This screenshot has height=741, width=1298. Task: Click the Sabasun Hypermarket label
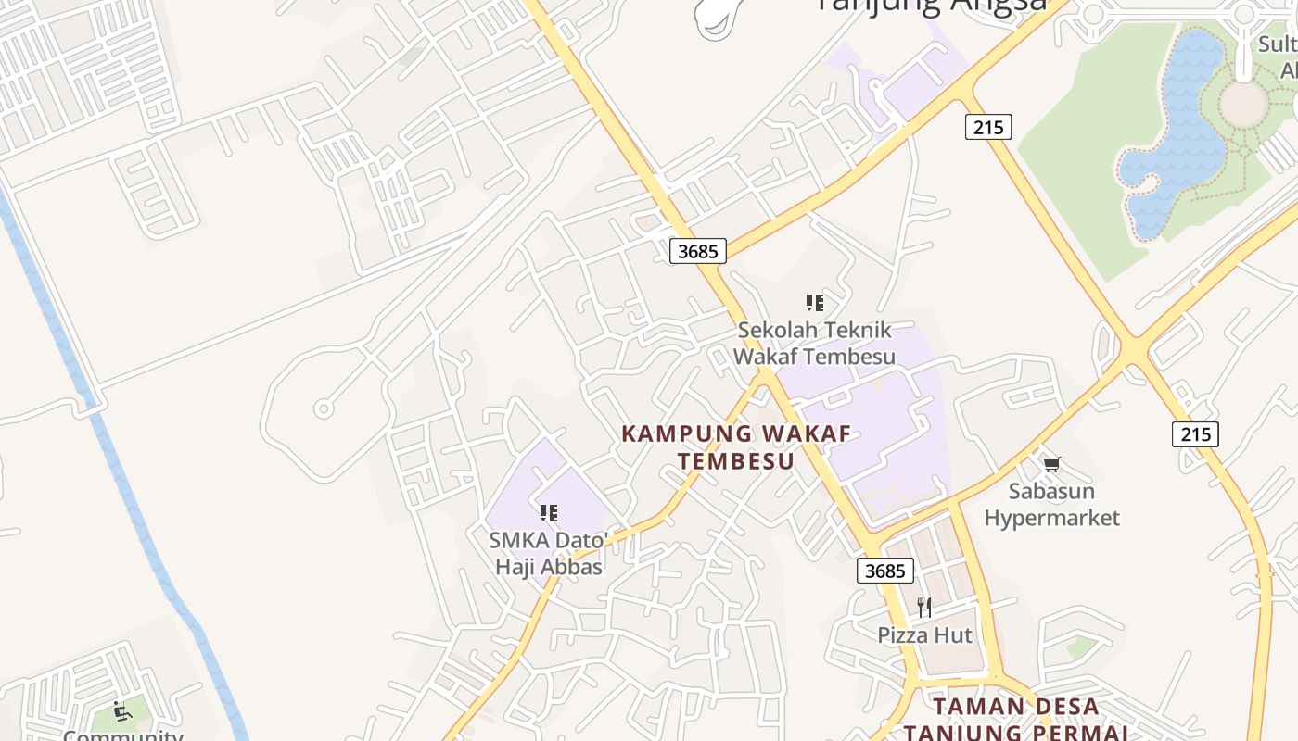point(1051,504)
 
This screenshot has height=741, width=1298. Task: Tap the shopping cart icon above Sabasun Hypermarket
point(1051,464)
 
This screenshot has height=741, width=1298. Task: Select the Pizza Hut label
point(924,635)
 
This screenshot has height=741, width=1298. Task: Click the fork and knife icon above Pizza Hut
point(924,608)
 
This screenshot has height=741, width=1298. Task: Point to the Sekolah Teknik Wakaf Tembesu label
point(814,343)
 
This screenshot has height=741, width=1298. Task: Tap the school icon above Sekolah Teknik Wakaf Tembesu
point(815,302)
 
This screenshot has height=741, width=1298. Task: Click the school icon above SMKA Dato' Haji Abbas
point(549,512)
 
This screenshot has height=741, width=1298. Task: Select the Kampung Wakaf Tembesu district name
point(736,447)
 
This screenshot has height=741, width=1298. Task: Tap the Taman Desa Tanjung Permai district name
point(1016,719)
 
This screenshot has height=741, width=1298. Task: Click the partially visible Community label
point(123,735)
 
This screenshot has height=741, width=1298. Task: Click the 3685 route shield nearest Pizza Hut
point(884,571)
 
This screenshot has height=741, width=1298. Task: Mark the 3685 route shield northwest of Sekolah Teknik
point(698,250)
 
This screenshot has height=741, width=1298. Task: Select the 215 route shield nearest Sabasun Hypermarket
point(1195,433)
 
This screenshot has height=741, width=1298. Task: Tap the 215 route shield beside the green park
point(988,127)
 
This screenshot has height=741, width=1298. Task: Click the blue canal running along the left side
point(121,482)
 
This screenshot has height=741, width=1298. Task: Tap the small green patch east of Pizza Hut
point(1081,647)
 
